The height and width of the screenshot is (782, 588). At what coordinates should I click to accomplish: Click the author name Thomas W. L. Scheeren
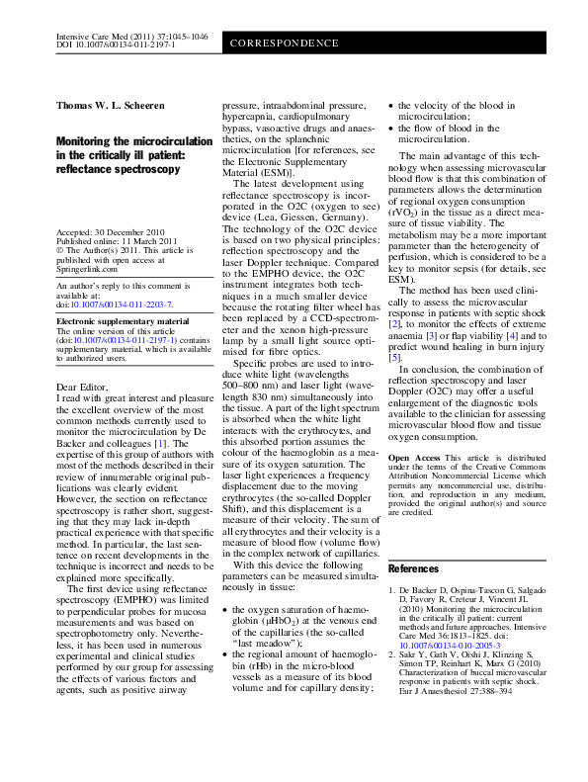(x=114, y=105)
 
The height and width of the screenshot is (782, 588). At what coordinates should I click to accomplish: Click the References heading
(x=414, y=569)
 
